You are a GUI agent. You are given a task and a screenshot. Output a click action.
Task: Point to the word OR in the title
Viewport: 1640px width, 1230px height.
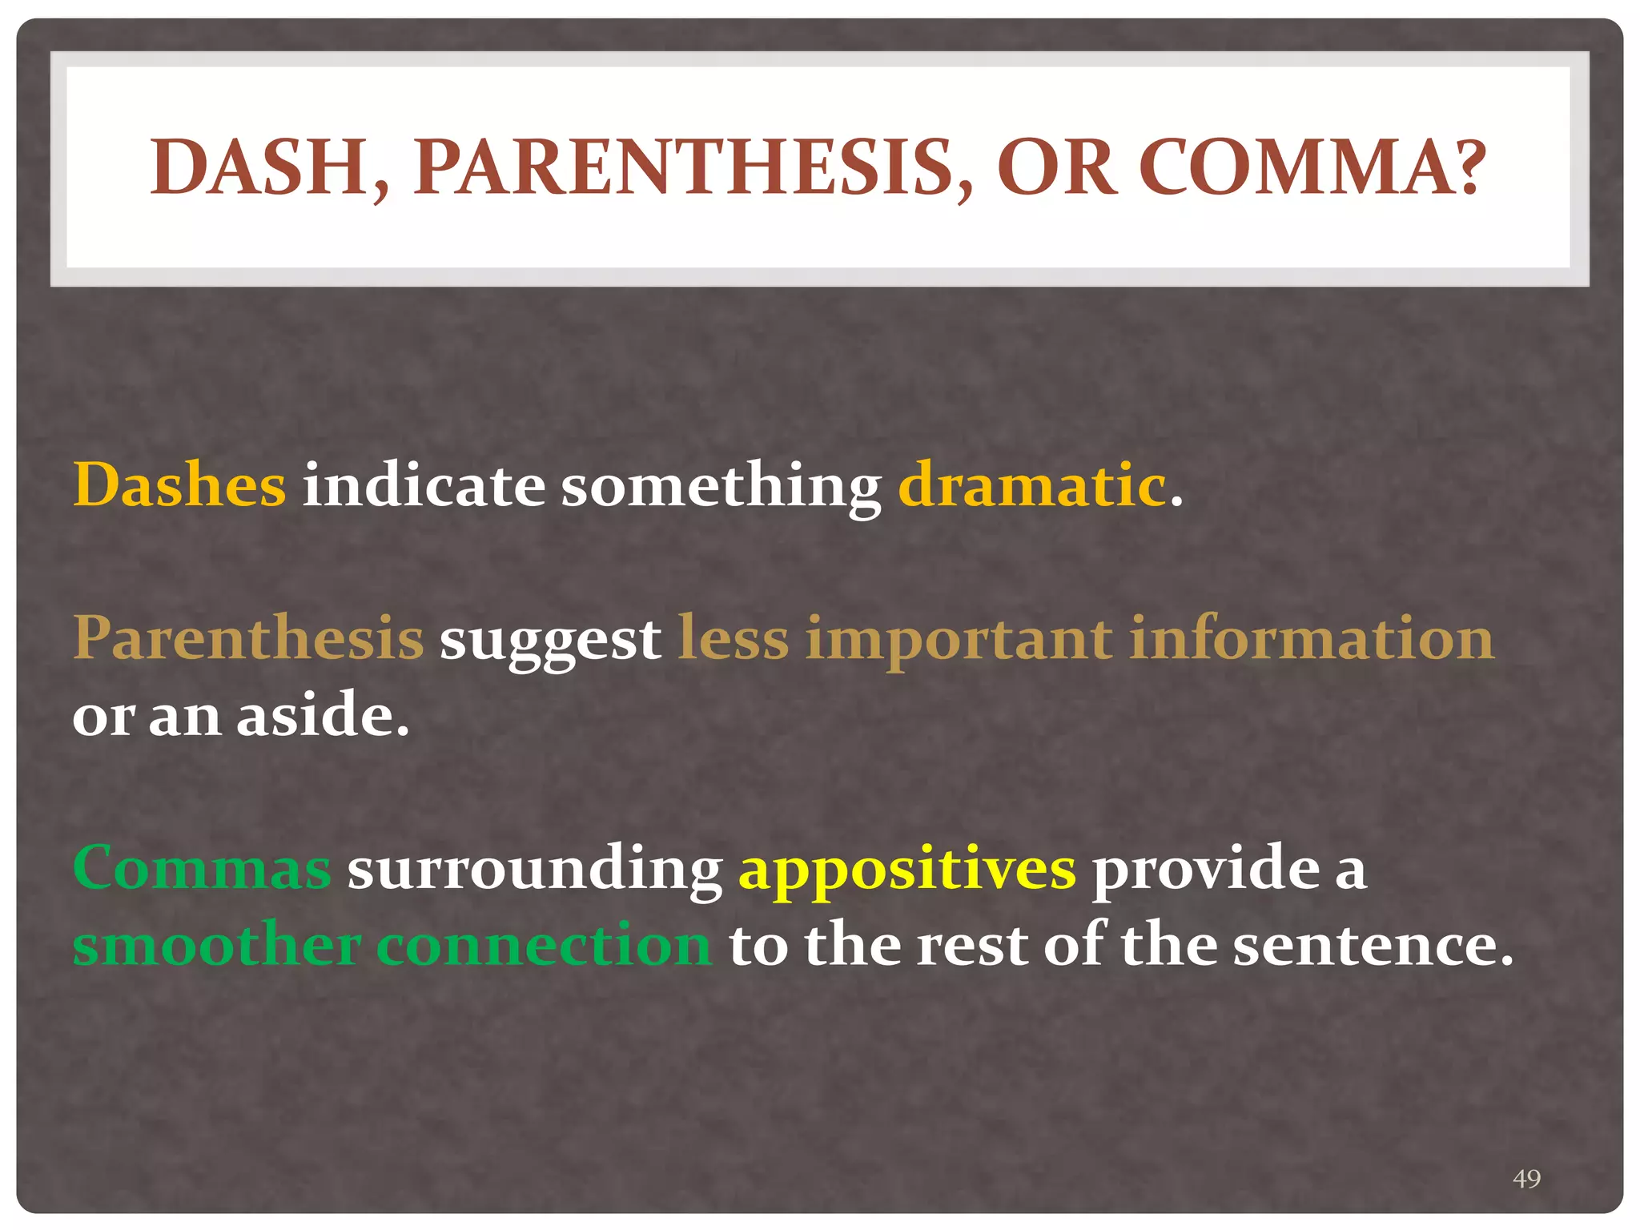tap(1055, 167)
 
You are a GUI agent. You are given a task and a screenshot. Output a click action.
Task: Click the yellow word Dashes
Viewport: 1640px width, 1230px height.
tap(179, 485)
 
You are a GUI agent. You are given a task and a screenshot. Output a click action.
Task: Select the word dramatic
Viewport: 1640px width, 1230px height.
tap(1031, 485)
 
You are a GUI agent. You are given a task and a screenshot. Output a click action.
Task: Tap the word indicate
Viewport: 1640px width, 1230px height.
tap(424, 485)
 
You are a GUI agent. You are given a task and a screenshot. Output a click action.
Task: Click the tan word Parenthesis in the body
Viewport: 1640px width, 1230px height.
tap(248, 638)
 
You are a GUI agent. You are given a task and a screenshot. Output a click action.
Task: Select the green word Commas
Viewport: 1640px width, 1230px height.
tap(202, 868)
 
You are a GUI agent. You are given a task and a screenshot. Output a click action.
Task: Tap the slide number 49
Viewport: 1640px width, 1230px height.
tap(1526, 1179)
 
